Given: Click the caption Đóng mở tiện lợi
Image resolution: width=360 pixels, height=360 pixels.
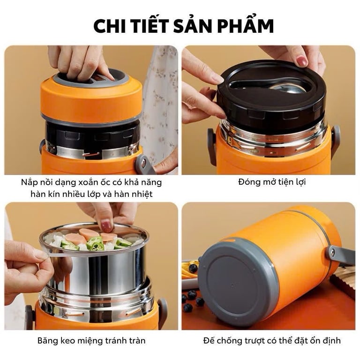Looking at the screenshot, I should coord(268,182).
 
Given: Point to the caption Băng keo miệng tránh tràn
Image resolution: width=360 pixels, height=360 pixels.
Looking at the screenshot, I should coord(91,340).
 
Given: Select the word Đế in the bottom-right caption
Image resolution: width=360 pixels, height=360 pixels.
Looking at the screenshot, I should coord(210,340).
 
